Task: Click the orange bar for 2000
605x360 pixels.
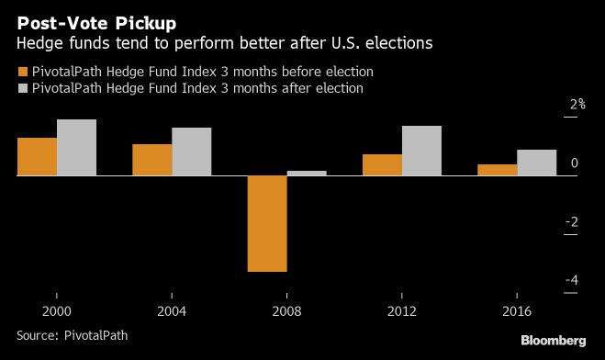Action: pyautogui.click(x=37, y=156)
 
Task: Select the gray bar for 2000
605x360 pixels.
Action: pyautogui.click(x=76, y=147)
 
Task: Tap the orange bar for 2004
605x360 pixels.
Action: pyautogui.click(x=151, y=159)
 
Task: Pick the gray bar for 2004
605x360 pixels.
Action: pyautogui.click(x=191, y=151)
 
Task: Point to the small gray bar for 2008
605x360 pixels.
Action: pyautogui.click(x=307, y=173)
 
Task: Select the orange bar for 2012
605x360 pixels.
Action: pyautogui.click(x=382, y=164)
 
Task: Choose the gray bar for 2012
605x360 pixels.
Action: pyautogui.click(x=421, y=150)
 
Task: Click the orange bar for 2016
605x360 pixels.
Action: pyautogui.click(x=497, y=170)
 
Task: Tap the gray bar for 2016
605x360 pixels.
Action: pyautogui.click(x=536, y=162)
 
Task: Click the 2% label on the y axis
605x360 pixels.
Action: pyautogui.click(x=577, y=106)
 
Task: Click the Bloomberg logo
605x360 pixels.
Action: pyautogui.click(x=553, y=341)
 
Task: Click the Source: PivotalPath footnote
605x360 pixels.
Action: pyautogui.click(x=72, y=335)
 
